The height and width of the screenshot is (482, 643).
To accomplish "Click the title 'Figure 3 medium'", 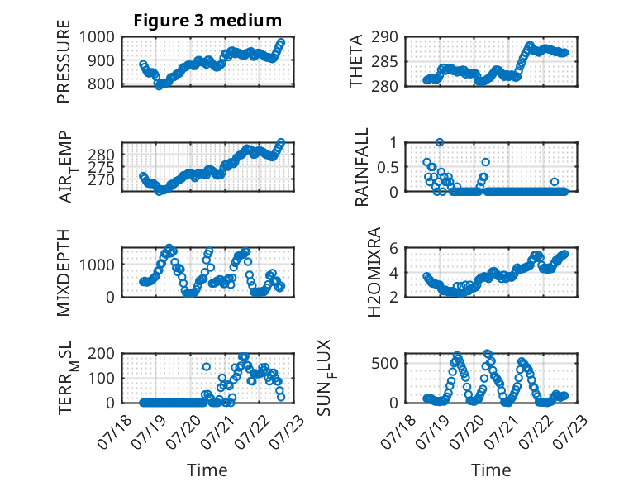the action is (x=207, y=21).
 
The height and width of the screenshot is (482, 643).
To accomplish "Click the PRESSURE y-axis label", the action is (x=64, y=61).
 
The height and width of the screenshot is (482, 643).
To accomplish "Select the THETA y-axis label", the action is (x=356, y=61).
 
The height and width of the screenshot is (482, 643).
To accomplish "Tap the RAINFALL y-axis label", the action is (x=362, y=167).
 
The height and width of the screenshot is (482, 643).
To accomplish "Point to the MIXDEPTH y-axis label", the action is (x=64, y=272).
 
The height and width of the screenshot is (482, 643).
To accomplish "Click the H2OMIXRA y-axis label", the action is (x=374, y=272).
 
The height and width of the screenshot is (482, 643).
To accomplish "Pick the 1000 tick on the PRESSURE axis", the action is (x=97, y=37).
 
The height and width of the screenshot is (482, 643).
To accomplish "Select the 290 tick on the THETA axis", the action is (x=384, y=37).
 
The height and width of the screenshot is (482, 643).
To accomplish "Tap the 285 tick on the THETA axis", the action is (x=384, y=62).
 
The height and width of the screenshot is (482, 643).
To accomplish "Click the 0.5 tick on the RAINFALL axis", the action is (x=387, y=167).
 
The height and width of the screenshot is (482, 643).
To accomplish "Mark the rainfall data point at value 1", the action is (x=440, y=142).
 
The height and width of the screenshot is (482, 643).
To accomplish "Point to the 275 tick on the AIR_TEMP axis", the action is (x=101, y=167).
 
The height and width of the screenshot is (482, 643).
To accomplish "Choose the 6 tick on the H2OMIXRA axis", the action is (x=393, y=248).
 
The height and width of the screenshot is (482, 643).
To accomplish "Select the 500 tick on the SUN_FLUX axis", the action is (x=384, y=363).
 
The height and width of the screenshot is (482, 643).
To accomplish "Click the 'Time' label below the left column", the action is (x=207, y=470).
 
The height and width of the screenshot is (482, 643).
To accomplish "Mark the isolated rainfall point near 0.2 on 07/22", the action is (x=555, y=182).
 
